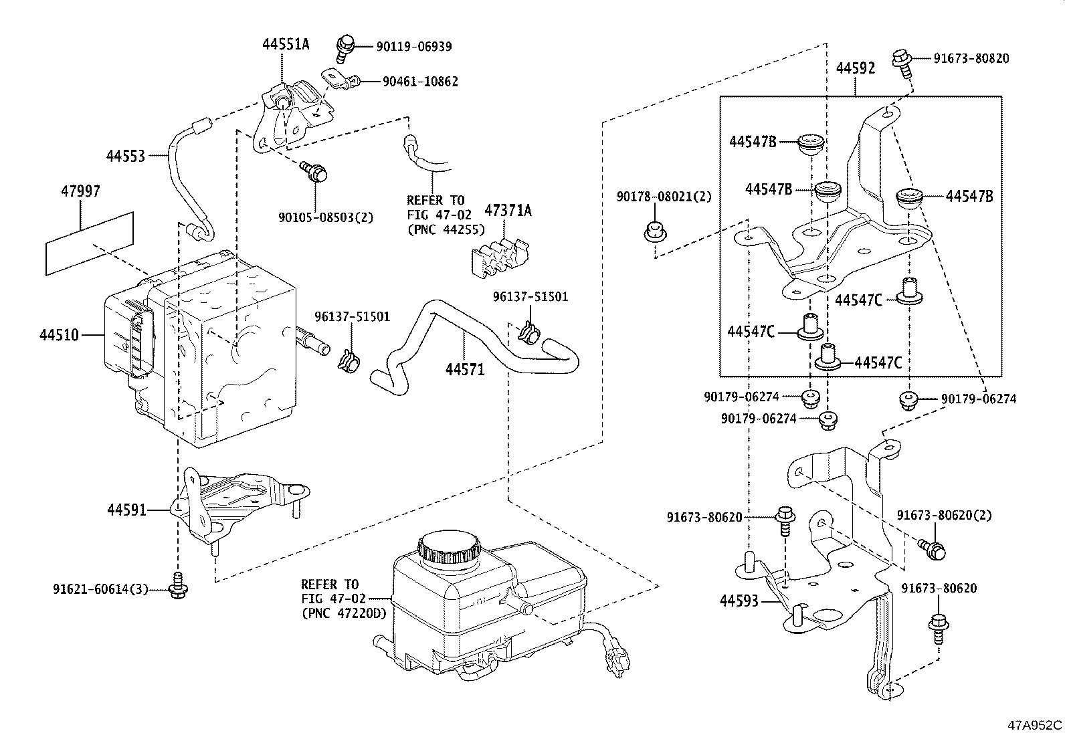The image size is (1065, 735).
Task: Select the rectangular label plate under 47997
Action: (89, 243)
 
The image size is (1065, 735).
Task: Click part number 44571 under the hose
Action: (466, 369)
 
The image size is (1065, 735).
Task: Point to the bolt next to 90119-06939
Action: (346, 44)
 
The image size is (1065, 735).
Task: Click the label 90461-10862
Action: (420, 82)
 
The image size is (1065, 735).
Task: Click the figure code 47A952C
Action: (1035, 725)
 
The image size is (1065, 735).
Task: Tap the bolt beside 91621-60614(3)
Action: (178, 587)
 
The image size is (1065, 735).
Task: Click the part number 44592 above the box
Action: (855, 69)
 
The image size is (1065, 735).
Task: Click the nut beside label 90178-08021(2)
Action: (654, 231)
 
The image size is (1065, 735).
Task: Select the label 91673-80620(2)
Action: (944, 515)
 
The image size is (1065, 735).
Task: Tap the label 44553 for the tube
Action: (125, 156)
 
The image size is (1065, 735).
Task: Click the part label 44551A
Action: (286, 45)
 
